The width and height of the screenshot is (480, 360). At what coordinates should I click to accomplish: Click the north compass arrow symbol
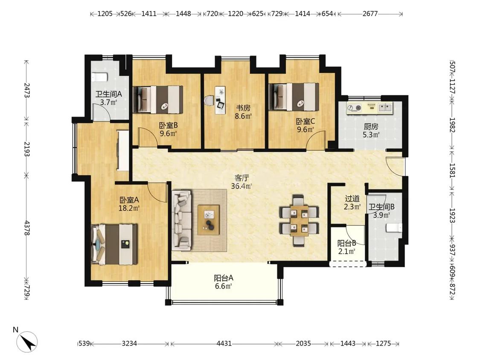(x=28, y=342)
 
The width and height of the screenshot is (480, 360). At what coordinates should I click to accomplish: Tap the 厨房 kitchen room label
(x=371, y=126)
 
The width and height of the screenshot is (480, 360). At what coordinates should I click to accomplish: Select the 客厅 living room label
(x=241, y=178)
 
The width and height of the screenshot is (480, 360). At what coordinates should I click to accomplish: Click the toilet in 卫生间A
(x=99, y=77)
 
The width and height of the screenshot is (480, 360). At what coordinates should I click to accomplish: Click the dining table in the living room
(x=299, y=221)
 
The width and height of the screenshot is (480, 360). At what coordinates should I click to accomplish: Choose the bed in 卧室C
(x=294, y=97)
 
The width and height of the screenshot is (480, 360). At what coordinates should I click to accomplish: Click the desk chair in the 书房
(x=209, y=100)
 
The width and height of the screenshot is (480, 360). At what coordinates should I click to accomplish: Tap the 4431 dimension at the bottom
(x=224, y=343)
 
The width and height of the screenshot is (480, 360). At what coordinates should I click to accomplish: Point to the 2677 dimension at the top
(x=370, y=14)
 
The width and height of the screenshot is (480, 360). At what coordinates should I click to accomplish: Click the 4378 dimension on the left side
(x=26, y=228)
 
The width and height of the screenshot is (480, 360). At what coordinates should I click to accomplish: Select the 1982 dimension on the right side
(x=452, y=125)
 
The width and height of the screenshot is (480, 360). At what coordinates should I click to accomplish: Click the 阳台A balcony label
(x=224, y=278)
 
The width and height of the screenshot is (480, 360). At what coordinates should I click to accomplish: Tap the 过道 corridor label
(x=352, y=199)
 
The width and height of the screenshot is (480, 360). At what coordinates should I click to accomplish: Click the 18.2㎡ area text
(x=129, y=208)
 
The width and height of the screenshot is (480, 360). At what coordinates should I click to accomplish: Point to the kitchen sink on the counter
(x=385, y=107)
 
